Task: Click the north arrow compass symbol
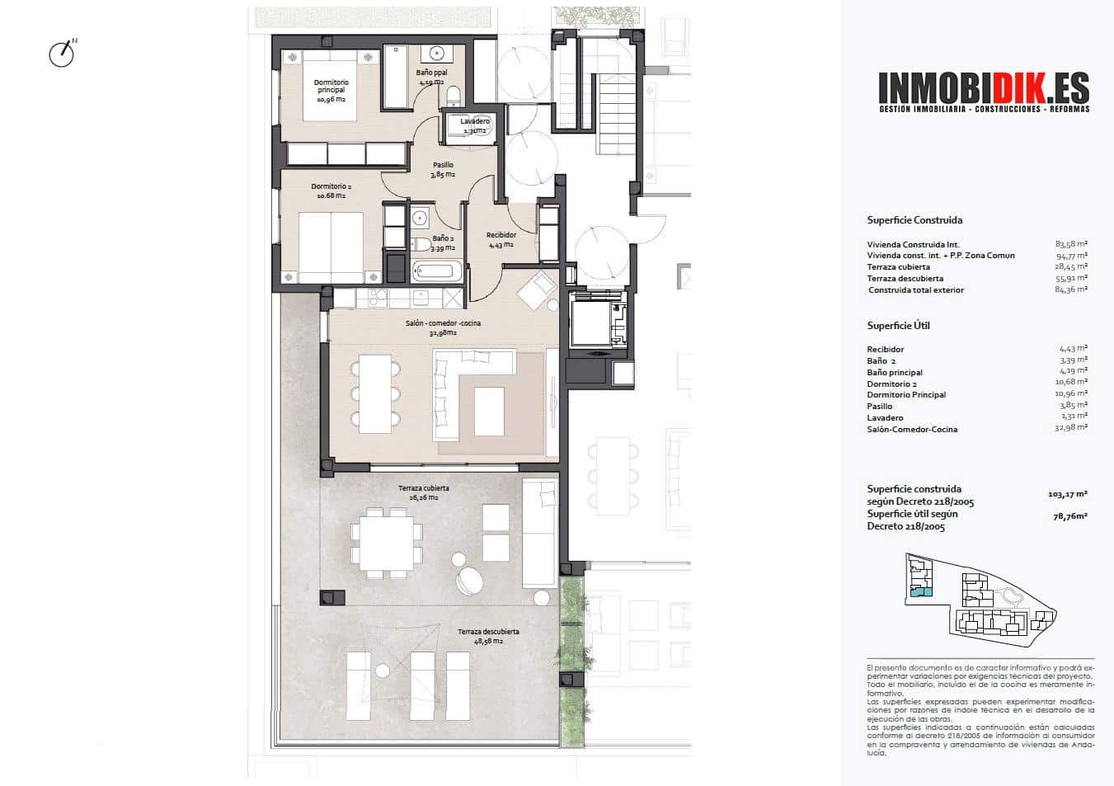tap(62, 54)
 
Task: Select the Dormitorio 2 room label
tap(330, 191)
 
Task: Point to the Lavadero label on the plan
tap(475, 125)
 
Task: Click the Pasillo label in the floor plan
tap(443, 169)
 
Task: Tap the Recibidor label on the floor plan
tap(501, 239)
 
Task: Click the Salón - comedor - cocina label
tap(443, 327)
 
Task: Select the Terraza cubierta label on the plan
tap(423, 492)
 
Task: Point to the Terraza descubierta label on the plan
tap(488, 636)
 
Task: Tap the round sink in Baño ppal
tap(435, 54)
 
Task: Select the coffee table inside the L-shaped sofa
tap(489, 411)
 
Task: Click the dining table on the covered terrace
tap(386, 542)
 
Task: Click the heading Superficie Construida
tap(914, 220)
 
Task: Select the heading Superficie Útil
tap(898, 326)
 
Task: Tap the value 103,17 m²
tap(1067, 494)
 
